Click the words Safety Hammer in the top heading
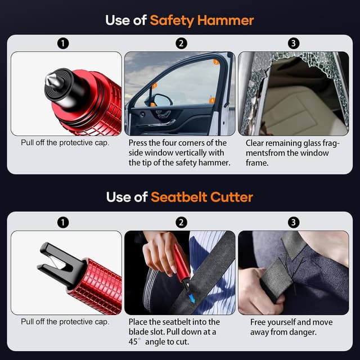pyautogui.click(x=201, y=21)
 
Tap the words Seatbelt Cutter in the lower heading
pyautogui.click(x=201, y=197)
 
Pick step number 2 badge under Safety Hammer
pyautogui.click(x=181, y=43)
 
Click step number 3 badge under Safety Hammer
pyautogui.click(x=293, y=43)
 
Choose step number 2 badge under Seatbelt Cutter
pyautogui.click(x=181, y=222)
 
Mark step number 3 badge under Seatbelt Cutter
pyautogui.click(x=293, y=222)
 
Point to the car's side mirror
pyautogui.click(x=161, y=100)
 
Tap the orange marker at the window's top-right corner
pyautogui.click(x=217, y=62)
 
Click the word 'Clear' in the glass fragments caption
pyautogui.click(x=256, y=143)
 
